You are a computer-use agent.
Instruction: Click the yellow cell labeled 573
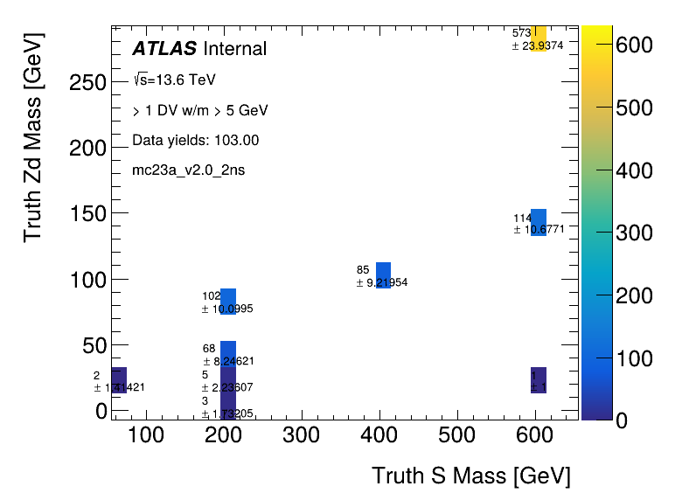[x=539, y=39]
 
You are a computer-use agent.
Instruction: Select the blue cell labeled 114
[x=539, y=222]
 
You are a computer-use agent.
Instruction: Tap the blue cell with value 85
[x=383, y=274]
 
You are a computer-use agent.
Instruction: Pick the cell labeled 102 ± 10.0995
[x=228, y=301]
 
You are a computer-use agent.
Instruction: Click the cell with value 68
[x=228, y=353]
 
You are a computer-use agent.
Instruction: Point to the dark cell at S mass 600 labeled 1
[x=539, y=380]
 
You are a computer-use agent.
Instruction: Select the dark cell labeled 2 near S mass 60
[x=119, y=380]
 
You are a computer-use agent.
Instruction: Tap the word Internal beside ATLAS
[x=233, y=49]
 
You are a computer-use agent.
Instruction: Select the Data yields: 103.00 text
[x=195, y=140]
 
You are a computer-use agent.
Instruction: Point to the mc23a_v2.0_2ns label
[x=188, y=170]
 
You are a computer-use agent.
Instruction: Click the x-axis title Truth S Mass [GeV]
[x=470, y=476]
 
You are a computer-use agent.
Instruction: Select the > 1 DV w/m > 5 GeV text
[x=199, y=110]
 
